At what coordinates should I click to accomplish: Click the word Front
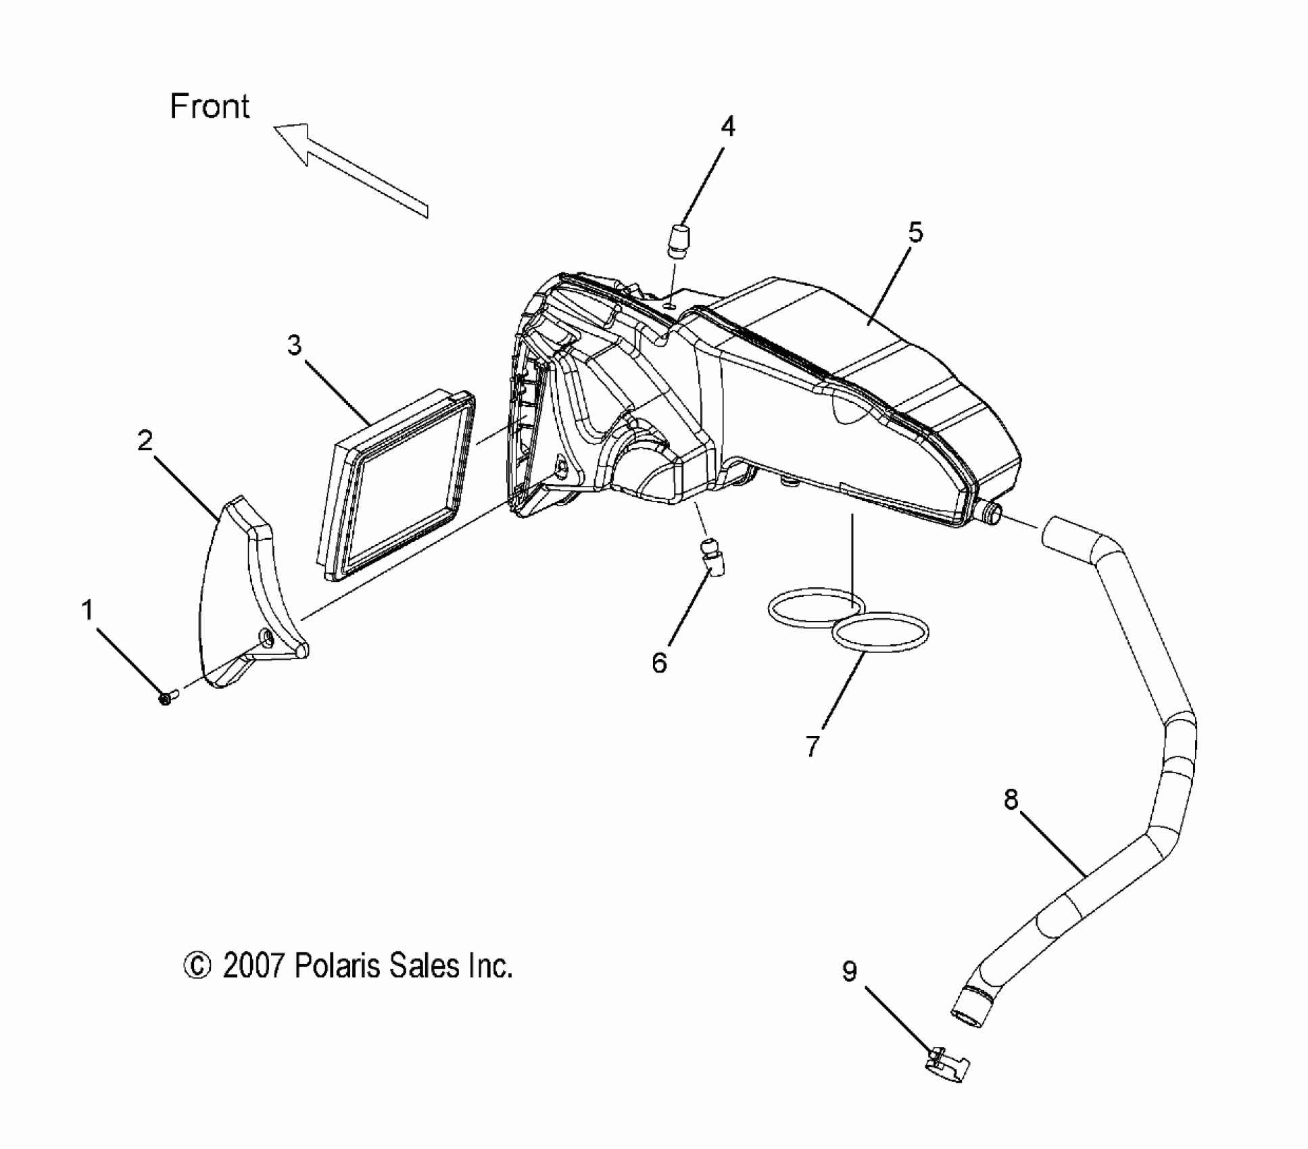tap(210, 107)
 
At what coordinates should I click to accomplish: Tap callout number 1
tap(87, 610)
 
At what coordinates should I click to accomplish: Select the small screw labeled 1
tap(166, 698)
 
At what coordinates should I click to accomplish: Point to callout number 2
tap(145, 441)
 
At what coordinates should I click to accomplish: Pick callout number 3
tap(294, 345)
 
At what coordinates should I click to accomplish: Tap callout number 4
tap(728, 126)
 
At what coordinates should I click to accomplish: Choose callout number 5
tap(915, 232)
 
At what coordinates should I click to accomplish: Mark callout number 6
tap(659, 662)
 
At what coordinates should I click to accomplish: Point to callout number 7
tap(813, 745)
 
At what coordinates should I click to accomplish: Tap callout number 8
tap(1011, 800)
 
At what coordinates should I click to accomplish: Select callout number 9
tap(850, 971)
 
